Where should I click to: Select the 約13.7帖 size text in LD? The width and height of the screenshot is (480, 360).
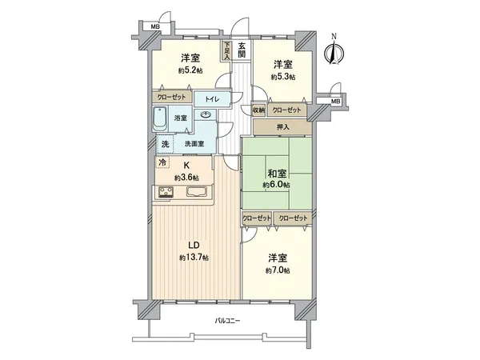coord(194,258)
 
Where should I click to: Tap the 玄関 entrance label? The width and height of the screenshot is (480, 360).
coord(242,49)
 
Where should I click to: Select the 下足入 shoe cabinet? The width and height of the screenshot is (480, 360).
coord(227,51)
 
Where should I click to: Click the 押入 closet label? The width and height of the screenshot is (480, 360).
coord(283,126)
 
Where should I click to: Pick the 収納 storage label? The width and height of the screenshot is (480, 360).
coord(258,110)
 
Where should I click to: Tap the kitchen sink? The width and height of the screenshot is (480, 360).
coord(198,192)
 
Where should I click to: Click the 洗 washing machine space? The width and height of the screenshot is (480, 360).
coord(164,144)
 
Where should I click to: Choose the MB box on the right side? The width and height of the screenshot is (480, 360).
coord(336,101)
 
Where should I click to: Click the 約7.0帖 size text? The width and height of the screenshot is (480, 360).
coord(278,270)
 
